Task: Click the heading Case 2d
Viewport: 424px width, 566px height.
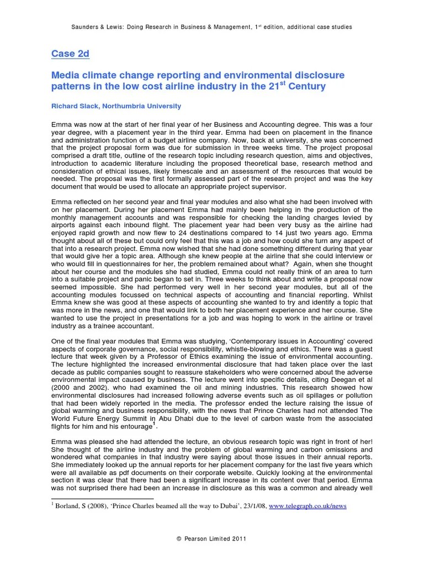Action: tap(70, 54)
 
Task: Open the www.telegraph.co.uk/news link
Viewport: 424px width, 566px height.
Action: tap(308, 506)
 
